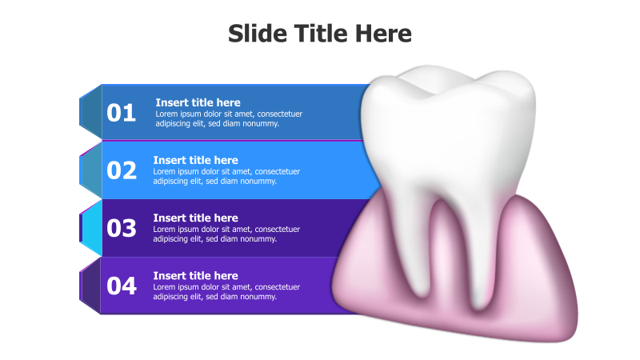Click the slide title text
[319, 34]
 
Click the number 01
[122, 114]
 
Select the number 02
[122, 170]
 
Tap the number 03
[122, 228]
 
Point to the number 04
[122, 286]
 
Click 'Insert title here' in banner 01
[198, 102]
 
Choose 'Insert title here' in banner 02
[195, 160]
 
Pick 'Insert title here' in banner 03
[195, 218]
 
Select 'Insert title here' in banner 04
[195, 276]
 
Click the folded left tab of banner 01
[90, 113]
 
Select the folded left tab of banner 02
[90, 170]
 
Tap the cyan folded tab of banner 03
[90, 228]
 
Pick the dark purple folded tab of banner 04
[90, 286]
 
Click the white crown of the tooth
[448, 120]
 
